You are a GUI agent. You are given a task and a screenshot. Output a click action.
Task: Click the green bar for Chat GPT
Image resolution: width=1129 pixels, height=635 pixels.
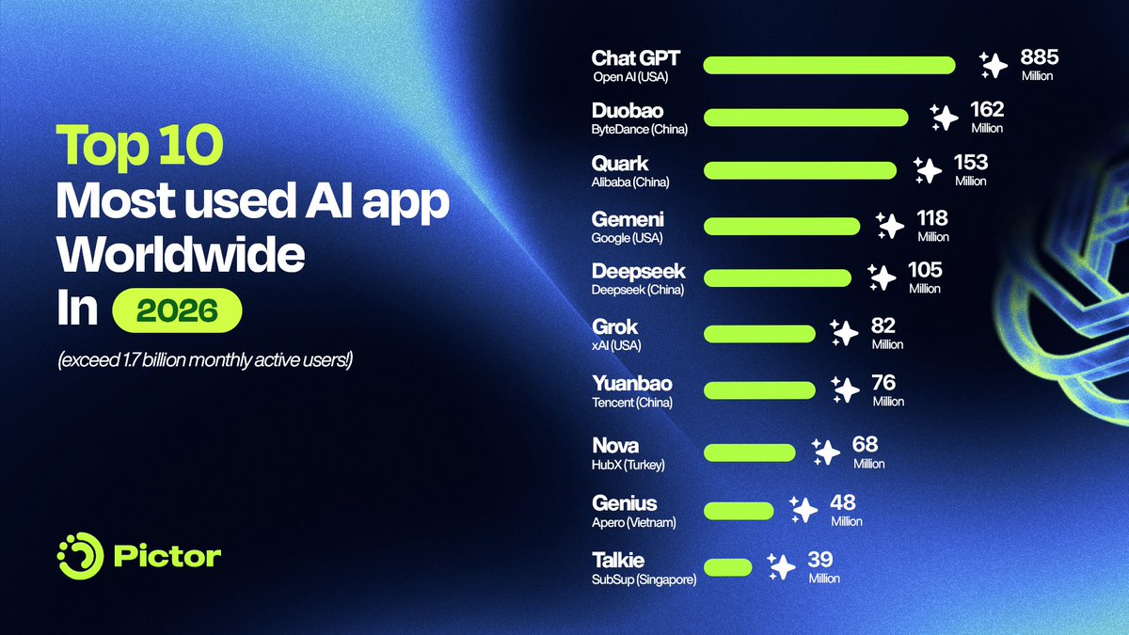tap(829, 65)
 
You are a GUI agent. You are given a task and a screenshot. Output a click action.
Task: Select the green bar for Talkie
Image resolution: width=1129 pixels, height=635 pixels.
tap(727, 567)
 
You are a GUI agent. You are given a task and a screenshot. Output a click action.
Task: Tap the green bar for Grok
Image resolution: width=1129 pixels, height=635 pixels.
tap(759, 334)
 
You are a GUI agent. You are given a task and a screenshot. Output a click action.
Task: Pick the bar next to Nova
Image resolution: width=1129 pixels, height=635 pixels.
tap(749, 452)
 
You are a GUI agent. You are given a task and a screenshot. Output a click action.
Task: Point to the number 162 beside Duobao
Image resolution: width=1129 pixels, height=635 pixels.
tap(987, 109)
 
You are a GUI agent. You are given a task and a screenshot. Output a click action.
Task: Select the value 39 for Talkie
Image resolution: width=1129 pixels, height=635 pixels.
tap(821, 561)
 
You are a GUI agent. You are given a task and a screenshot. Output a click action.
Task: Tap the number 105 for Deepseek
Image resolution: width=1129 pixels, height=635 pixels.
tap(925, 271)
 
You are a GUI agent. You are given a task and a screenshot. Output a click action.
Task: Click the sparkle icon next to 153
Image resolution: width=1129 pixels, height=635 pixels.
tap(928, 170)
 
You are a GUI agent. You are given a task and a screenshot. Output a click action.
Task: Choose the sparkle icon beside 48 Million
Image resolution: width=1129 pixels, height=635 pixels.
tap(803, 509)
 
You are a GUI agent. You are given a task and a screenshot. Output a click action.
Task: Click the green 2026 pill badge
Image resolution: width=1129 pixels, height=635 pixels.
tap(177, 311)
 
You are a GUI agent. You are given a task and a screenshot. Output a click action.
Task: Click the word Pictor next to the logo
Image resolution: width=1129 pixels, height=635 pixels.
tap(167, 556)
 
